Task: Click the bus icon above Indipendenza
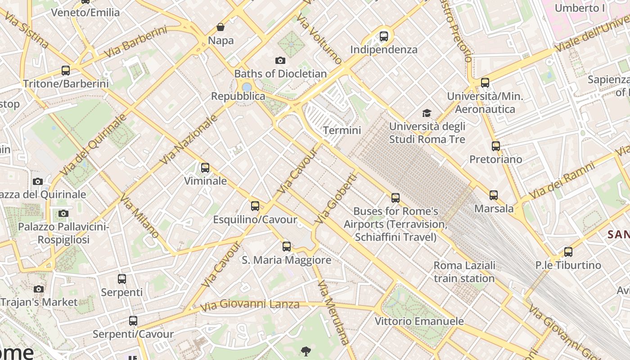pos(384,36)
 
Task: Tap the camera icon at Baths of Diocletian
pos(280,60)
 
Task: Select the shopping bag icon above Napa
pos(220,27)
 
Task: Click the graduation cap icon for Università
pos(427,113)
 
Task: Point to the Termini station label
pos(342,130)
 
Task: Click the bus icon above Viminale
pos(205,168)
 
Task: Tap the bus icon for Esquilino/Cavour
pos(255,206)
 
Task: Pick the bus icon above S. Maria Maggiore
pos(287,247)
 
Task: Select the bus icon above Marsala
pos(494,195)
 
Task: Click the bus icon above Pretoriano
pos(496,146)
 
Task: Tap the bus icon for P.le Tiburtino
pos(568,252)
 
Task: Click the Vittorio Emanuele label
pos(419,321)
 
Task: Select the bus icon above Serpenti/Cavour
pos(133,321)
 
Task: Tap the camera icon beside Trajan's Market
pos(39,289)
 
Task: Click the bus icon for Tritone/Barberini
pos(66,71)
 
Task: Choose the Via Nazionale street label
pos(189,139)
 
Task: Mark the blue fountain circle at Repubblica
pos(247,87)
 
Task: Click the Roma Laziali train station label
pos(464,272)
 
